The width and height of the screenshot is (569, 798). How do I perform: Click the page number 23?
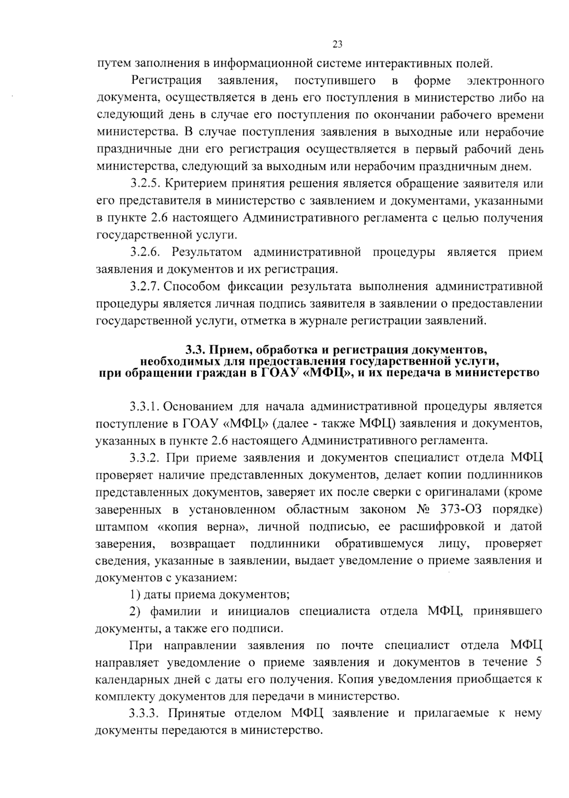point(337,45)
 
